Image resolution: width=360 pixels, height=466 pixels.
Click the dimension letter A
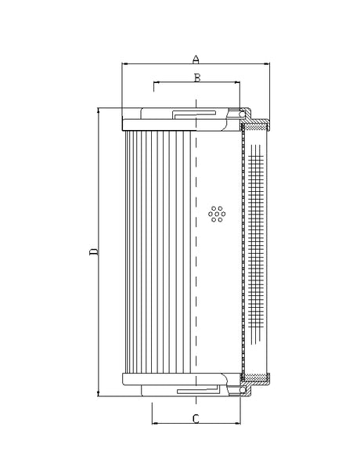point(196,58)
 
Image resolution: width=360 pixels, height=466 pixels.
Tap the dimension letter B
point(197,77)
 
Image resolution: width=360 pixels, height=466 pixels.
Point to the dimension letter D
point(92,251)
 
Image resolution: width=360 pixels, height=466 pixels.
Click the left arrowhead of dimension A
point(125,63)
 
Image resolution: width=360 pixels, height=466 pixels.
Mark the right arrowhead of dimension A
point(267,63)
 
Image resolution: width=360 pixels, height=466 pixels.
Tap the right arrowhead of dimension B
point(237,81)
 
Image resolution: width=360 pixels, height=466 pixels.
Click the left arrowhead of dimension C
point(153,424)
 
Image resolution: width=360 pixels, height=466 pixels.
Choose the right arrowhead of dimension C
point(238,424)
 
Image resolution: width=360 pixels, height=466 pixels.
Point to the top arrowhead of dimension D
point(98,110)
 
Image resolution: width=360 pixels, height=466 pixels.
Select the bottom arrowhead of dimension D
point(98,394)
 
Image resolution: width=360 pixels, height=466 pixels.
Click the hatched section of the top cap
point(254,124)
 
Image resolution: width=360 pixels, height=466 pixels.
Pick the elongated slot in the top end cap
point(196,114)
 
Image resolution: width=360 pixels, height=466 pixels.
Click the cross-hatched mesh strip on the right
point(254,251)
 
